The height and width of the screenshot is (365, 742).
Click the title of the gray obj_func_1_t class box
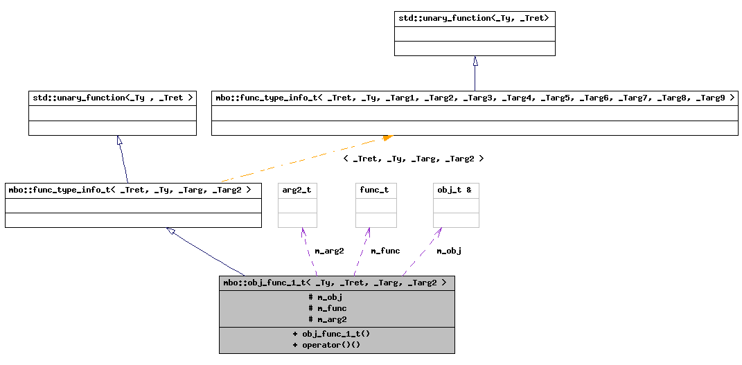pyautogui.click(x=337, y=283)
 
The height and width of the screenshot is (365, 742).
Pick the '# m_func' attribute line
pyautogui.click(x=327, y=308)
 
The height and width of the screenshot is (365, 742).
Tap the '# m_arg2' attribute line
pyautogui.click(x=327, y=319)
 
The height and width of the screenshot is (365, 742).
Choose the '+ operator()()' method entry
pyautogui.click(x=326, y=345)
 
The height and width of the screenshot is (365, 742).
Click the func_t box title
pyautogui.click(x=374, y=190)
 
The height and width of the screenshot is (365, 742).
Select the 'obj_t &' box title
pyautogui.click(x=454, y=190)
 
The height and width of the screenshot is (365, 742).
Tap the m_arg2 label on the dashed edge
pyautogui.click(x=329, y=251)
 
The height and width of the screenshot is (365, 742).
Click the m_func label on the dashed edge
pyautogui.click(x=385, y=251)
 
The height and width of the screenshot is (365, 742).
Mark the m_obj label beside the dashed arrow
pyautogui.click(x=449, y=251)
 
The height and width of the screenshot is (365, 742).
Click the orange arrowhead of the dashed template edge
pyautogui.click(x=387, y=138)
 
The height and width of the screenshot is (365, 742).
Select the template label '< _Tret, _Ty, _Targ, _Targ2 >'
pyautogui.click(x=413, y=159)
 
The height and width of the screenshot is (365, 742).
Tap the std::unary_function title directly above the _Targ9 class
pyautogui.click(x=475, y=18)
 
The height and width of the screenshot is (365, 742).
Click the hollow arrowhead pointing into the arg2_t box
pyautogui.click(x=303, y=232)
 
